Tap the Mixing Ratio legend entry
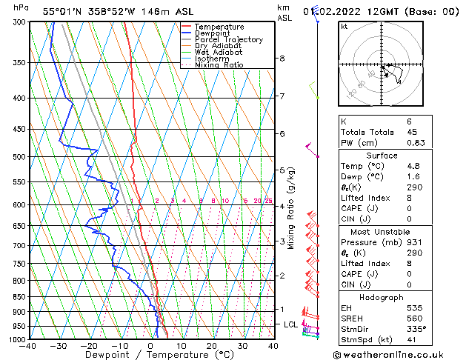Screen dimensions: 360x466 (x=219, y=65)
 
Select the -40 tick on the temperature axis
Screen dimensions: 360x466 (x=29, y=346)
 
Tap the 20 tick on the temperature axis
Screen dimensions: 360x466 (x=211, y=346)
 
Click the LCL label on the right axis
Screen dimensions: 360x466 (x=291, y=324)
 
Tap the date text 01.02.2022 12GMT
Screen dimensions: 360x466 (x=359, y=11)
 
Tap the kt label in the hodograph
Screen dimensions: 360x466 (x=344, y=27)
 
